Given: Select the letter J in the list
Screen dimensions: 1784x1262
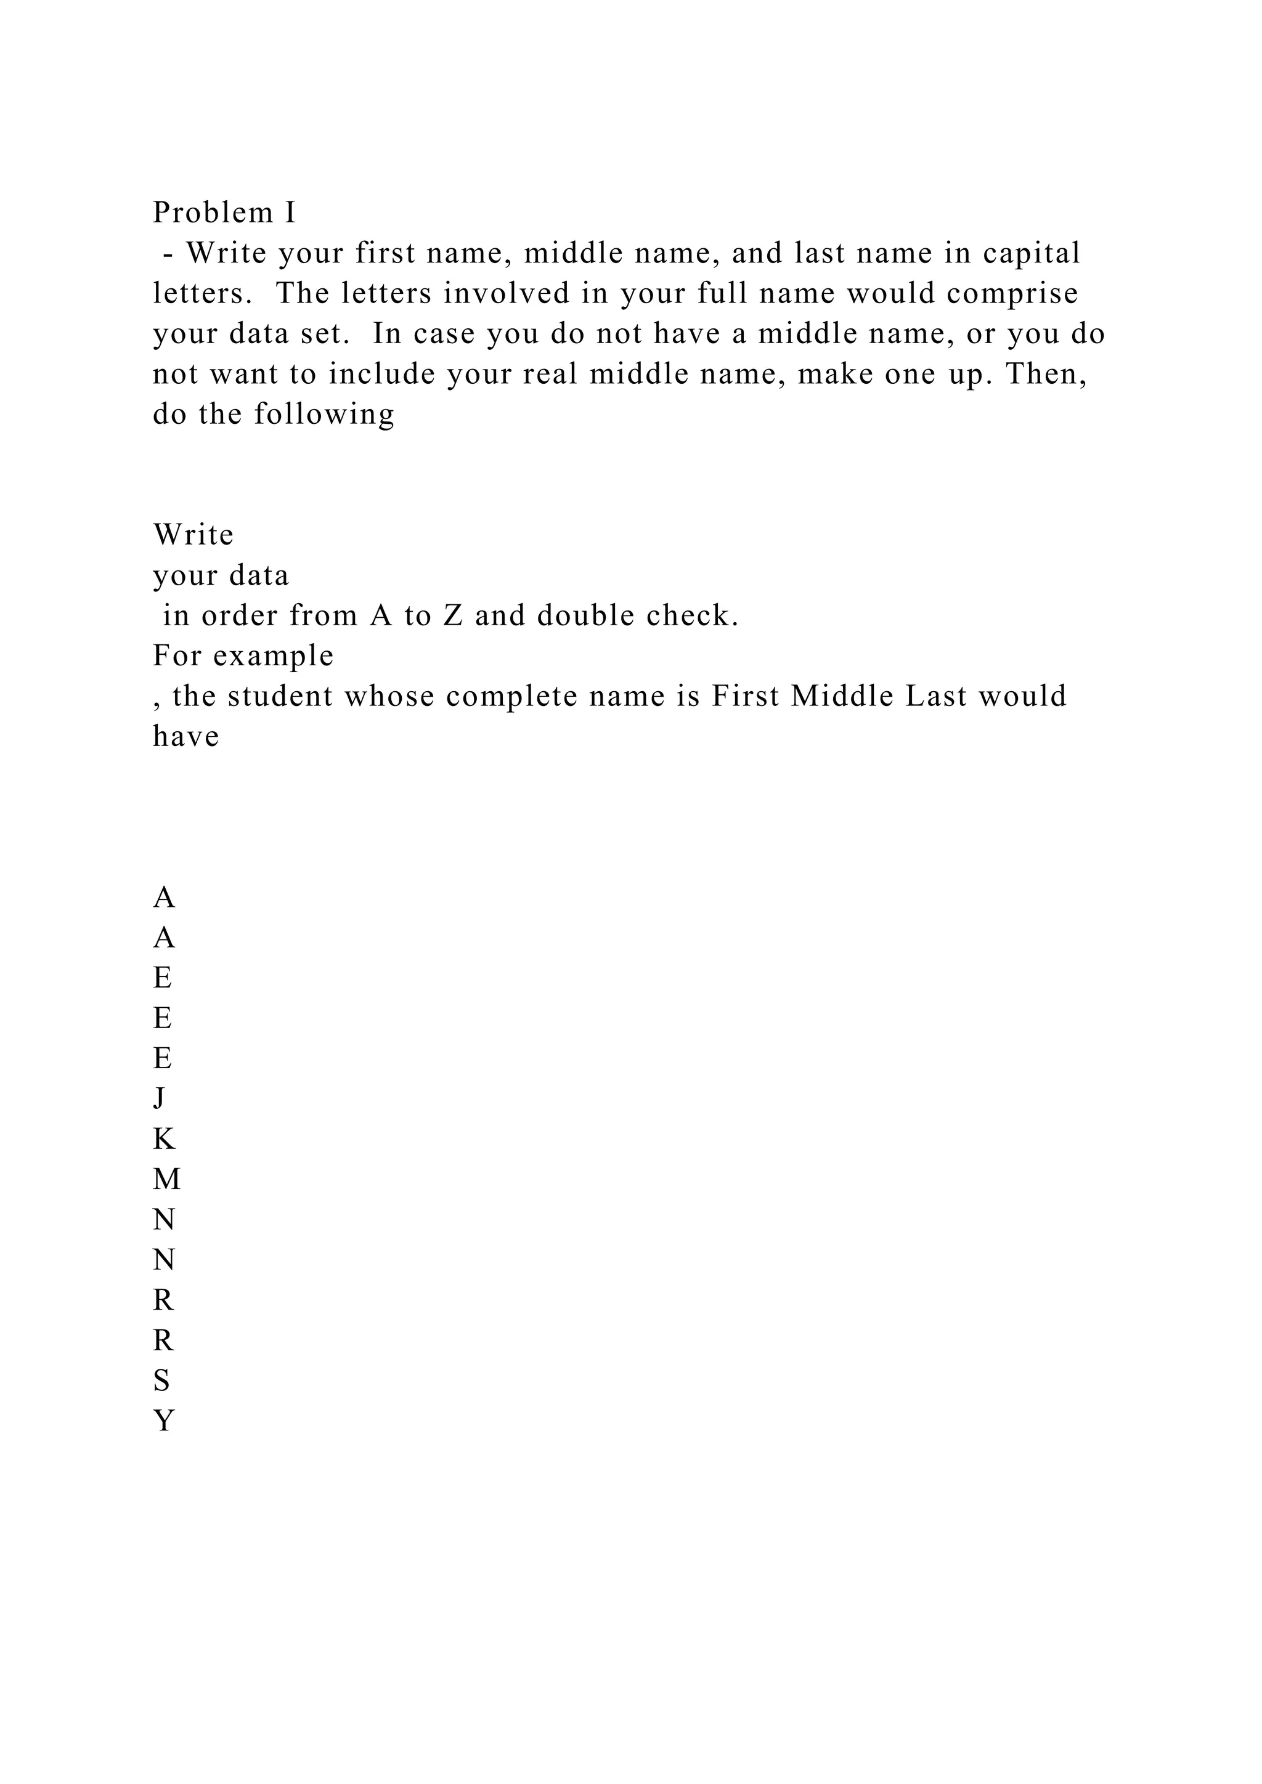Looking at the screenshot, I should pos(160,1099).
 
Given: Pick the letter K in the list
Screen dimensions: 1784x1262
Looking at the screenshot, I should pos(164,1139).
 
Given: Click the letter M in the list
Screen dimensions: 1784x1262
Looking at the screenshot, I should pos(166,1180).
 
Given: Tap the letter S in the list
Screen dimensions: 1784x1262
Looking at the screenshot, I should pos(161,1381).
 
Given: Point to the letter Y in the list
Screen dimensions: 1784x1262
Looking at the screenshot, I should pos(163,1421).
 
